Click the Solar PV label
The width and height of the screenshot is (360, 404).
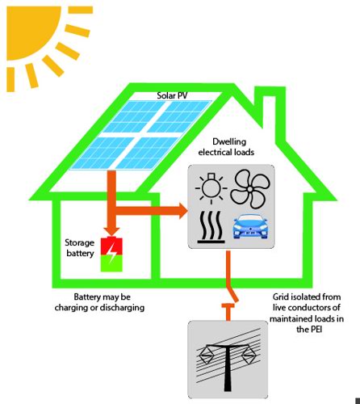172,95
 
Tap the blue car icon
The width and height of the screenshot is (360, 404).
250,226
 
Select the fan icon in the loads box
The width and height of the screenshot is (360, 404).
250,189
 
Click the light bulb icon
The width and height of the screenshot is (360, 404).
211,188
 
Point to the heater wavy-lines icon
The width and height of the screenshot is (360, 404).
211,227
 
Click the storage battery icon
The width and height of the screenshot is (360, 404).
111,254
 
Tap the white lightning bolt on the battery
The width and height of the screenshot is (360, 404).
111,254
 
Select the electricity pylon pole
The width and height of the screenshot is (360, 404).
228,368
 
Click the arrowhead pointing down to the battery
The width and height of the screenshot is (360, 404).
111,231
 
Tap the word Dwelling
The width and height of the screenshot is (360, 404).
229,141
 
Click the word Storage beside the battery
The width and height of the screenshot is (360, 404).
80,242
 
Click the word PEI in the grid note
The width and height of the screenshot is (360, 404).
316,329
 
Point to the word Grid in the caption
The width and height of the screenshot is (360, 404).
281,297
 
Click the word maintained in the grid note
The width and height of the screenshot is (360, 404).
288,318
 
